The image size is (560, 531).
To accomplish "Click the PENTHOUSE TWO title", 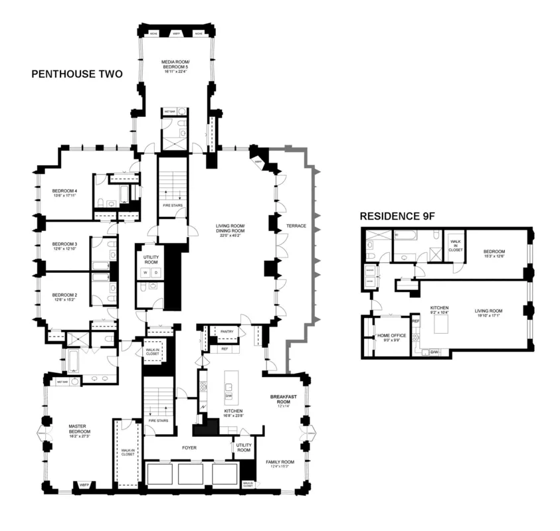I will pos(77,74).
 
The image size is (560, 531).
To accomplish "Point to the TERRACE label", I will pos(296,226).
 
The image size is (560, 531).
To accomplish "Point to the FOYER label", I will pos(189,447).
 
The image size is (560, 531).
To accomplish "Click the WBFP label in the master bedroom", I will pos(84,485).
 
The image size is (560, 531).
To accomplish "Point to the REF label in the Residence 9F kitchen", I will pos(417,321).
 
